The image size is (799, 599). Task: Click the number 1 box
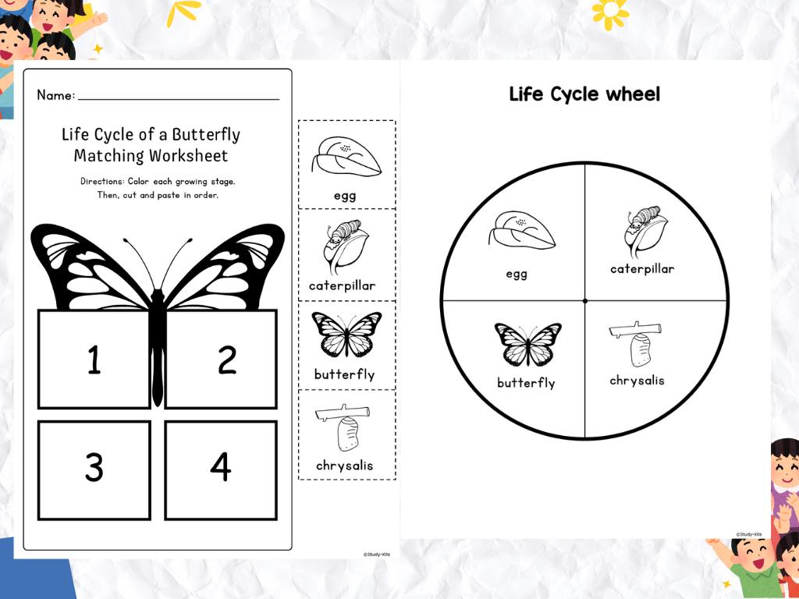(x=94, y=360)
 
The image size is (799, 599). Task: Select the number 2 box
(x=221, y=360)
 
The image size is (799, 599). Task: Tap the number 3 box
(x=94, y=470)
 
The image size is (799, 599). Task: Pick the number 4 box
(x=221, y=470)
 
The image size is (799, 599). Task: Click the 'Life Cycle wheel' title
(x=584, y=95)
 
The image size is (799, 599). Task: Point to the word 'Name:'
(x=55, y=96)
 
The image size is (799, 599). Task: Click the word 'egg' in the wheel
(x=517, y=274)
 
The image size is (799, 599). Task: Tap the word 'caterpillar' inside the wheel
(x=642, y=269)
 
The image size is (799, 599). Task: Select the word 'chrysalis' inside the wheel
(x=637, y=381)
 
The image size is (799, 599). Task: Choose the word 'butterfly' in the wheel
(x=526, y=383)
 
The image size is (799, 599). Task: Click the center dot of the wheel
(x=584, y=300)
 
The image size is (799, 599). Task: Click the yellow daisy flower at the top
(x=610, y=11)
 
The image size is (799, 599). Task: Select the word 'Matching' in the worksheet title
(x=109, y=156)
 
